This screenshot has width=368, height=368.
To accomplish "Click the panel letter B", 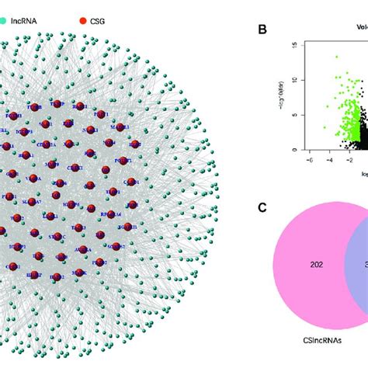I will (x=262, y=30).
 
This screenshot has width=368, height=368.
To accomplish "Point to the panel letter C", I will (x=262, y=207).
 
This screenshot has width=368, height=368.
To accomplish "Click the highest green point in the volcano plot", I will (x=336, y=56).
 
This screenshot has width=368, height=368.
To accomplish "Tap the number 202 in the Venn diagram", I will (x=316, y=265).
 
